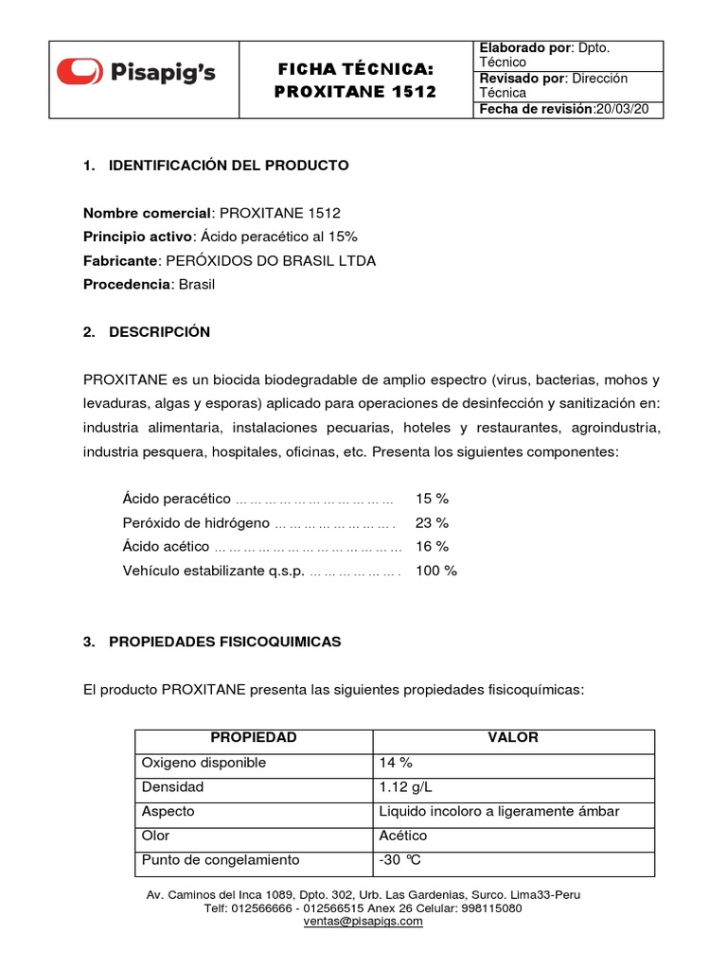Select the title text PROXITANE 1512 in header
(x=355, y=92)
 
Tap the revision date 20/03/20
(x=622, y=110)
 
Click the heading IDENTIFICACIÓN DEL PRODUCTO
(x=228, y=166)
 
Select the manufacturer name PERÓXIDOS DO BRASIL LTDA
(x=271, y=261)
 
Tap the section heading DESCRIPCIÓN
(x=159, y=332)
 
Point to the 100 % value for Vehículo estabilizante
(x=435, y=571)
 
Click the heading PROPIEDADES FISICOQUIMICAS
(x=224, y=642)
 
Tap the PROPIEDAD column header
(x=253, y=738)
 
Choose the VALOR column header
(x=512, y=738)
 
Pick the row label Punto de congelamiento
(x=220, y=860)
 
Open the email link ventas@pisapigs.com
(x=363, y=921)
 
